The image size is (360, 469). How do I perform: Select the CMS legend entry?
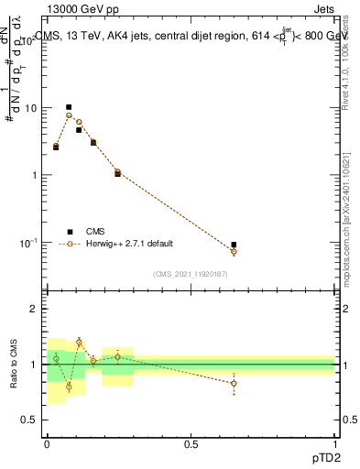pyautogui.click(x=95, y=232)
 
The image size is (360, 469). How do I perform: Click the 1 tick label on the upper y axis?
pyautogui.click(x=36, y=175)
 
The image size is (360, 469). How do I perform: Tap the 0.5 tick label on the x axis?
pyautogui.click(x=191, y=443)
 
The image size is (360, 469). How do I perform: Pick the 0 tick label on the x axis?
pyautogui.click(x=46, y=443)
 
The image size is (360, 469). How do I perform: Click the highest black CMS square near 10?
pyautogui.click(x=69, y=107)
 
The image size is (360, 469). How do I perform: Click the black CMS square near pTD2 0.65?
pyautogui.click(x=234, y=245)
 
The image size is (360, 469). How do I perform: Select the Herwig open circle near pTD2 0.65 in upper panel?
pyautogui.click(x=234, y=251)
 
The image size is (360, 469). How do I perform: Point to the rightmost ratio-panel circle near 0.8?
pyautogui.click(x=234, y=383)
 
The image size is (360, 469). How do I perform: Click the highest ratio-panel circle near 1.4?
pyautogui.click(x=79, y=343)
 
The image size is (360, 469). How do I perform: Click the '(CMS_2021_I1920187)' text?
pyautogui.click(x=191, y=274)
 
